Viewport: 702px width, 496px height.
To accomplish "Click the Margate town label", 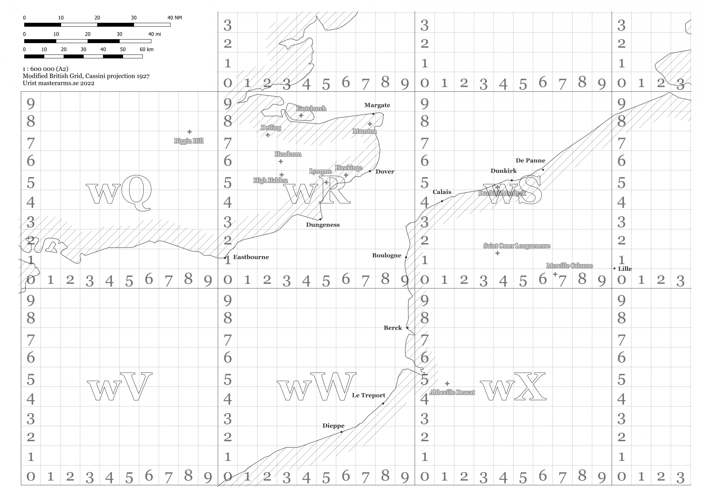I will point(377,105).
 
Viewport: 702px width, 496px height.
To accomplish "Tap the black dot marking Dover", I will point(370,171).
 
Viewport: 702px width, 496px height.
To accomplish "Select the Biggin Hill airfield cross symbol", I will point(189,132).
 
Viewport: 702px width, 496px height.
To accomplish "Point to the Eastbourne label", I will point(251,257).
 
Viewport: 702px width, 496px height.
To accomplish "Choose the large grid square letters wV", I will point(119,387).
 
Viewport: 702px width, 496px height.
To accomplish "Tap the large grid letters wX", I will point(513,387).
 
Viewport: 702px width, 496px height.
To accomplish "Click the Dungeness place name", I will point(322,225).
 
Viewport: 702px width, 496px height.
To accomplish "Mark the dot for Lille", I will point(614,268).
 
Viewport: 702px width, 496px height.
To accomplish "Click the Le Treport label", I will point(369,395).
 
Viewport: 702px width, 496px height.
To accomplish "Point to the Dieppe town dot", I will point(341,432).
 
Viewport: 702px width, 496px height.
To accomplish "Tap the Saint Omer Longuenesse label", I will point(516,246).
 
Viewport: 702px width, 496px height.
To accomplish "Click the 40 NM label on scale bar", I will point(174,18).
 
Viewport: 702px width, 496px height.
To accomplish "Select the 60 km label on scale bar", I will point(146,49).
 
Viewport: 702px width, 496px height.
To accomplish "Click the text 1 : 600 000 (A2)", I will point(45,69).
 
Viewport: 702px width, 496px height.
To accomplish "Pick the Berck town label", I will point(393,328).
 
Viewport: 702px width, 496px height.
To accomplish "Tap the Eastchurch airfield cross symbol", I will point(301,116).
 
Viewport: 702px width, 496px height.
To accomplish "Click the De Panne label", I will point(530,160).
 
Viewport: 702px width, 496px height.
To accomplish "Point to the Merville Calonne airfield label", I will point(569,266).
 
